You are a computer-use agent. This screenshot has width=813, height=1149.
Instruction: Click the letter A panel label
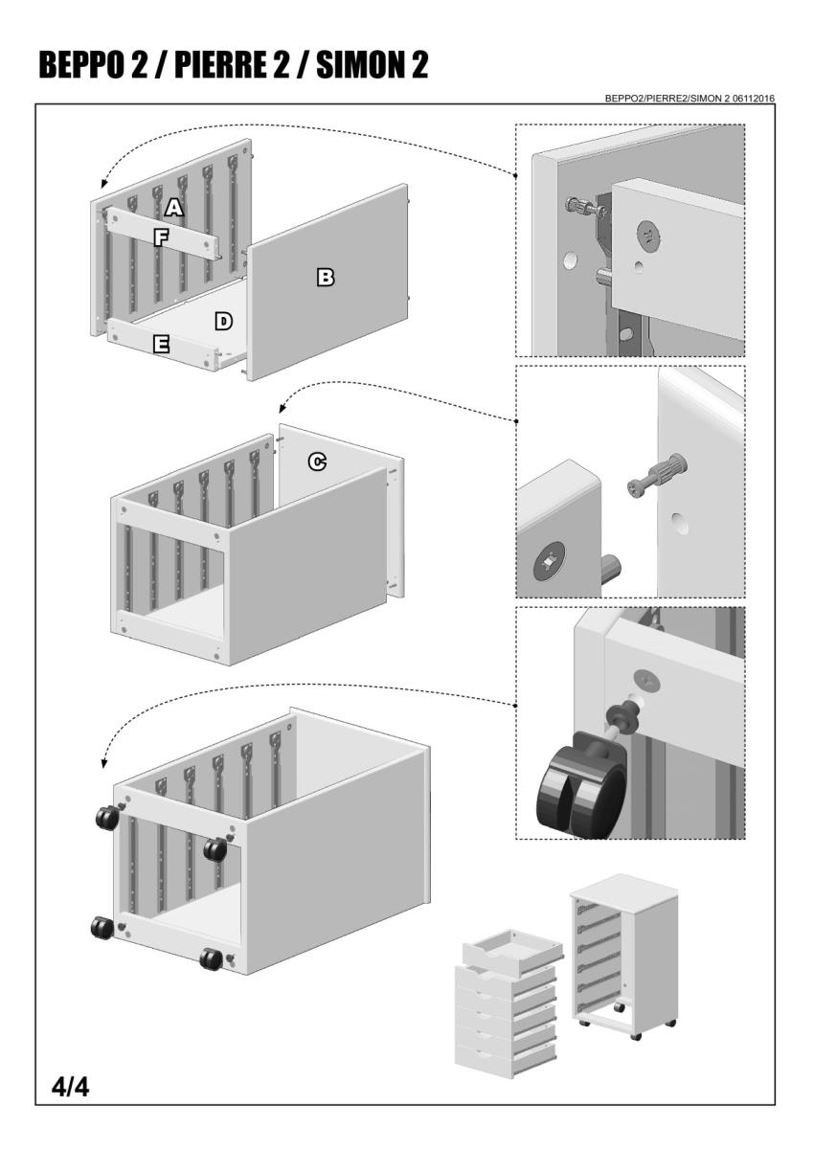coord(173,206)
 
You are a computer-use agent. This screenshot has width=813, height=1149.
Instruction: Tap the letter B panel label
coord(326,277)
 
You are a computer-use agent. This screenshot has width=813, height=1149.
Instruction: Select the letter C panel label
coord(316,462)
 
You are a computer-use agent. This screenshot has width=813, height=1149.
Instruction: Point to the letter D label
coord(223,321)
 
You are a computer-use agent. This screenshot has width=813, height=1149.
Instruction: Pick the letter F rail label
coord(162,237)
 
